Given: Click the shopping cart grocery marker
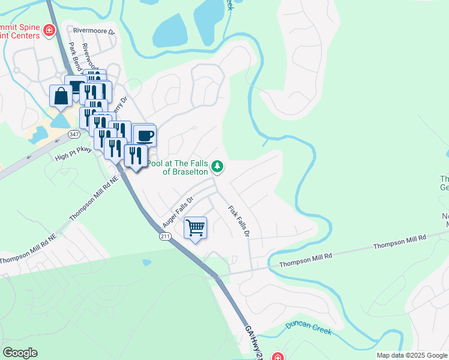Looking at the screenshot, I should [195, 228].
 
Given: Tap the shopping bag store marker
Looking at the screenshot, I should [61, 95].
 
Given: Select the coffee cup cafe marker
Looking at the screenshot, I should [145, 135].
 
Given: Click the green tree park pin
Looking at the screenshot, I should [218, 166].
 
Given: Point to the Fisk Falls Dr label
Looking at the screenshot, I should [238, 221].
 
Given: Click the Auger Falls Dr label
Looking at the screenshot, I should [179, 208].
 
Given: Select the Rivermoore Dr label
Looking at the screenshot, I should [94, 30].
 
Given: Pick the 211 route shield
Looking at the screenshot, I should [166, 237].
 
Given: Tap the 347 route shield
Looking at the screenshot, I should [74, 134].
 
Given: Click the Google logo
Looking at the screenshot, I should [20, 353].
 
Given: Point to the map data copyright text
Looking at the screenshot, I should [412, 355].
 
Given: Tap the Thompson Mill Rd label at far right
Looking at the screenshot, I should [399, 242].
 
